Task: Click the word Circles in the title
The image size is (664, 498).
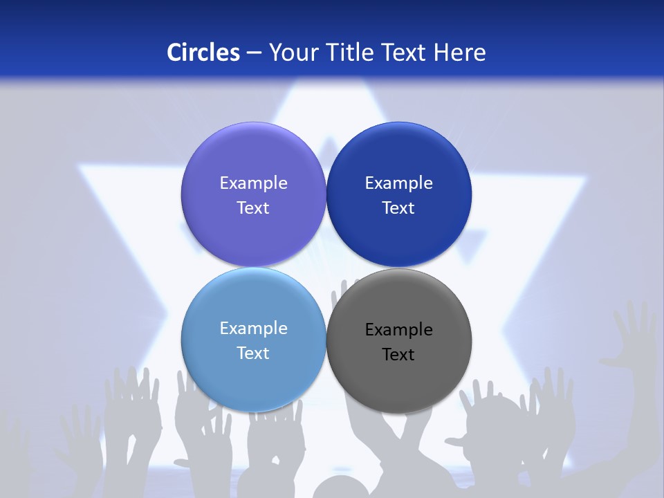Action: pos(203,53)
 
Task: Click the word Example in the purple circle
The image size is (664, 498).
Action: pos(253,183)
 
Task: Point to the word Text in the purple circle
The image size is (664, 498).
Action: pos(253,208)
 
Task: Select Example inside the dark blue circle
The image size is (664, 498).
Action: pos(398,183)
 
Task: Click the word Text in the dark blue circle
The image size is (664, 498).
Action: pos(398,208)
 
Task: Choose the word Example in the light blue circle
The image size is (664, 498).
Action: pos(253,329)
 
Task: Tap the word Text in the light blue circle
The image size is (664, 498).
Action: pos(253,353)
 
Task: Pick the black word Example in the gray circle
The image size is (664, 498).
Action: pos(398,330)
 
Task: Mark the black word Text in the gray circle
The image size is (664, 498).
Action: pos(398,355)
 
